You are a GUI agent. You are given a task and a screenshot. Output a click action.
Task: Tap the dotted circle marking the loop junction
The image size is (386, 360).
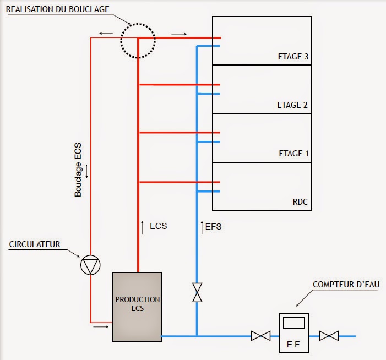(138, 40)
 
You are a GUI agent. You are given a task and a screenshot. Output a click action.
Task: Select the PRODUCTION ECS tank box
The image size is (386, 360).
(137, 307)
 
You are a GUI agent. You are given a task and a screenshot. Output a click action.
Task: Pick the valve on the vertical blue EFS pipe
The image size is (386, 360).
(197, 292)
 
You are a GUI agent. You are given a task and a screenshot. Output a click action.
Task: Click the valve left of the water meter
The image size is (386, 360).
(259, 335)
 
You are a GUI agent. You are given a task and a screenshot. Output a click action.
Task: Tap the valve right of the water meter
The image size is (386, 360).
(329, 335)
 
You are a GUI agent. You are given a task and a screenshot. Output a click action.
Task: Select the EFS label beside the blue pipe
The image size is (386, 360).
(214, 226)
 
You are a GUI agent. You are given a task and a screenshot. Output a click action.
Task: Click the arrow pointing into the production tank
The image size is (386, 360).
(101, 326)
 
